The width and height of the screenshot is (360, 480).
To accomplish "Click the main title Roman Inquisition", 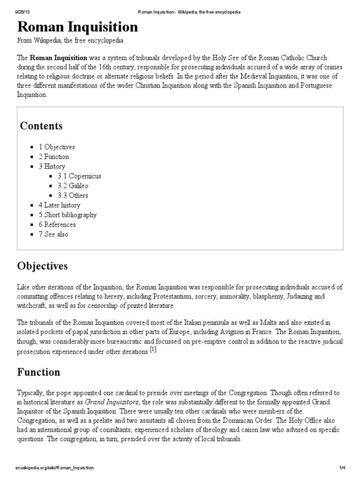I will [77, 27].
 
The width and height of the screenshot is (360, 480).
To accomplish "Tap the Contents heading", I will [41, 126].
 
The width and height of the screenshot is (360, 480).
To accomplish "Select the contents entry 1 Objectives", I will [57, 147].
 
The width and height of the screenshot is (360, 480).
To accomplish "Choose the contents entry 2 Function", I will [54, 157].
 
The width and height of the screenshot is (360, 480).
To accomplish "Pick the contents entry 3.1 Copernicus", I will [79, 176].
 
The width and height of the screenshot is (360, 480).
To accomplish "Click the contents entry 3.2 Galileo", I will [73, 186].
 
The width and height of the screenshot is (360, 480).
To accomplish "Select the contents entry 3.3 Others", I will [73, 195].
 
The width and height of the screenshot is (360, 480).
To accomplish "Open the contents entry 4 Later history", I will [60, 205].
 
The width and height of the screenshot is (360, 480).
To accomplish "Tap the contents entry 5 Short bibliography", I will [67, 215].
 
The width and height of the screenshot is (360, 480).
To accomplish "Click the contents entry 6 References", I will [57, 225].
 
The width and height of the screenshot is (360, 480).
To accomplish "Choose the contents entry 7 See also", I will [53, 234].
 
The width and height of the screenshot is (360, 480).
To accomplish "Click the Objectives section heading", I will [43, 266].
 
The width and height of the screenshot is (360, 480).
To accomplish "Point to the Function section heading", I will [39, 373].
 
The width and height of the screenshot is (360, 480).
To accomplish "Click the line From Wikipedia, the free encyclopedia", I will [70, 41].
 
